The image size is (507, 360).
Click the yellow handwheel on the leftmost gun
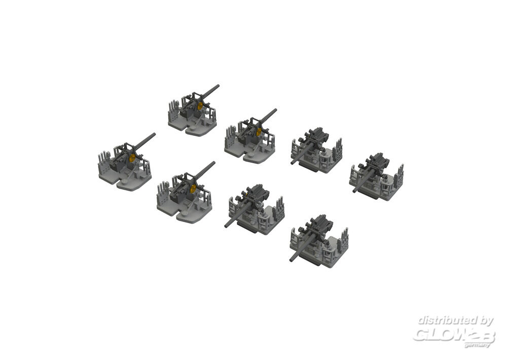click(132, 158)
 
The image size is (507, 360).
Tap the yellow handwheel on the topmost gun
click(200, 105)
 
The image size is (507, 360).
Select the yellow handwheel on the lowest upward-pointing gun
click(193, 189)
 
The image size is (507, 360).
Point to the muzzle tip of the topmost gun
click(218, 86)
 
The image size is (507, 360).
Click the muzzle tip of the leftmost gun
click(154, 134)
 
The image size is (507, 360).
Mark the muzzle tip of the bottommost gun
click(292, 259)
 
